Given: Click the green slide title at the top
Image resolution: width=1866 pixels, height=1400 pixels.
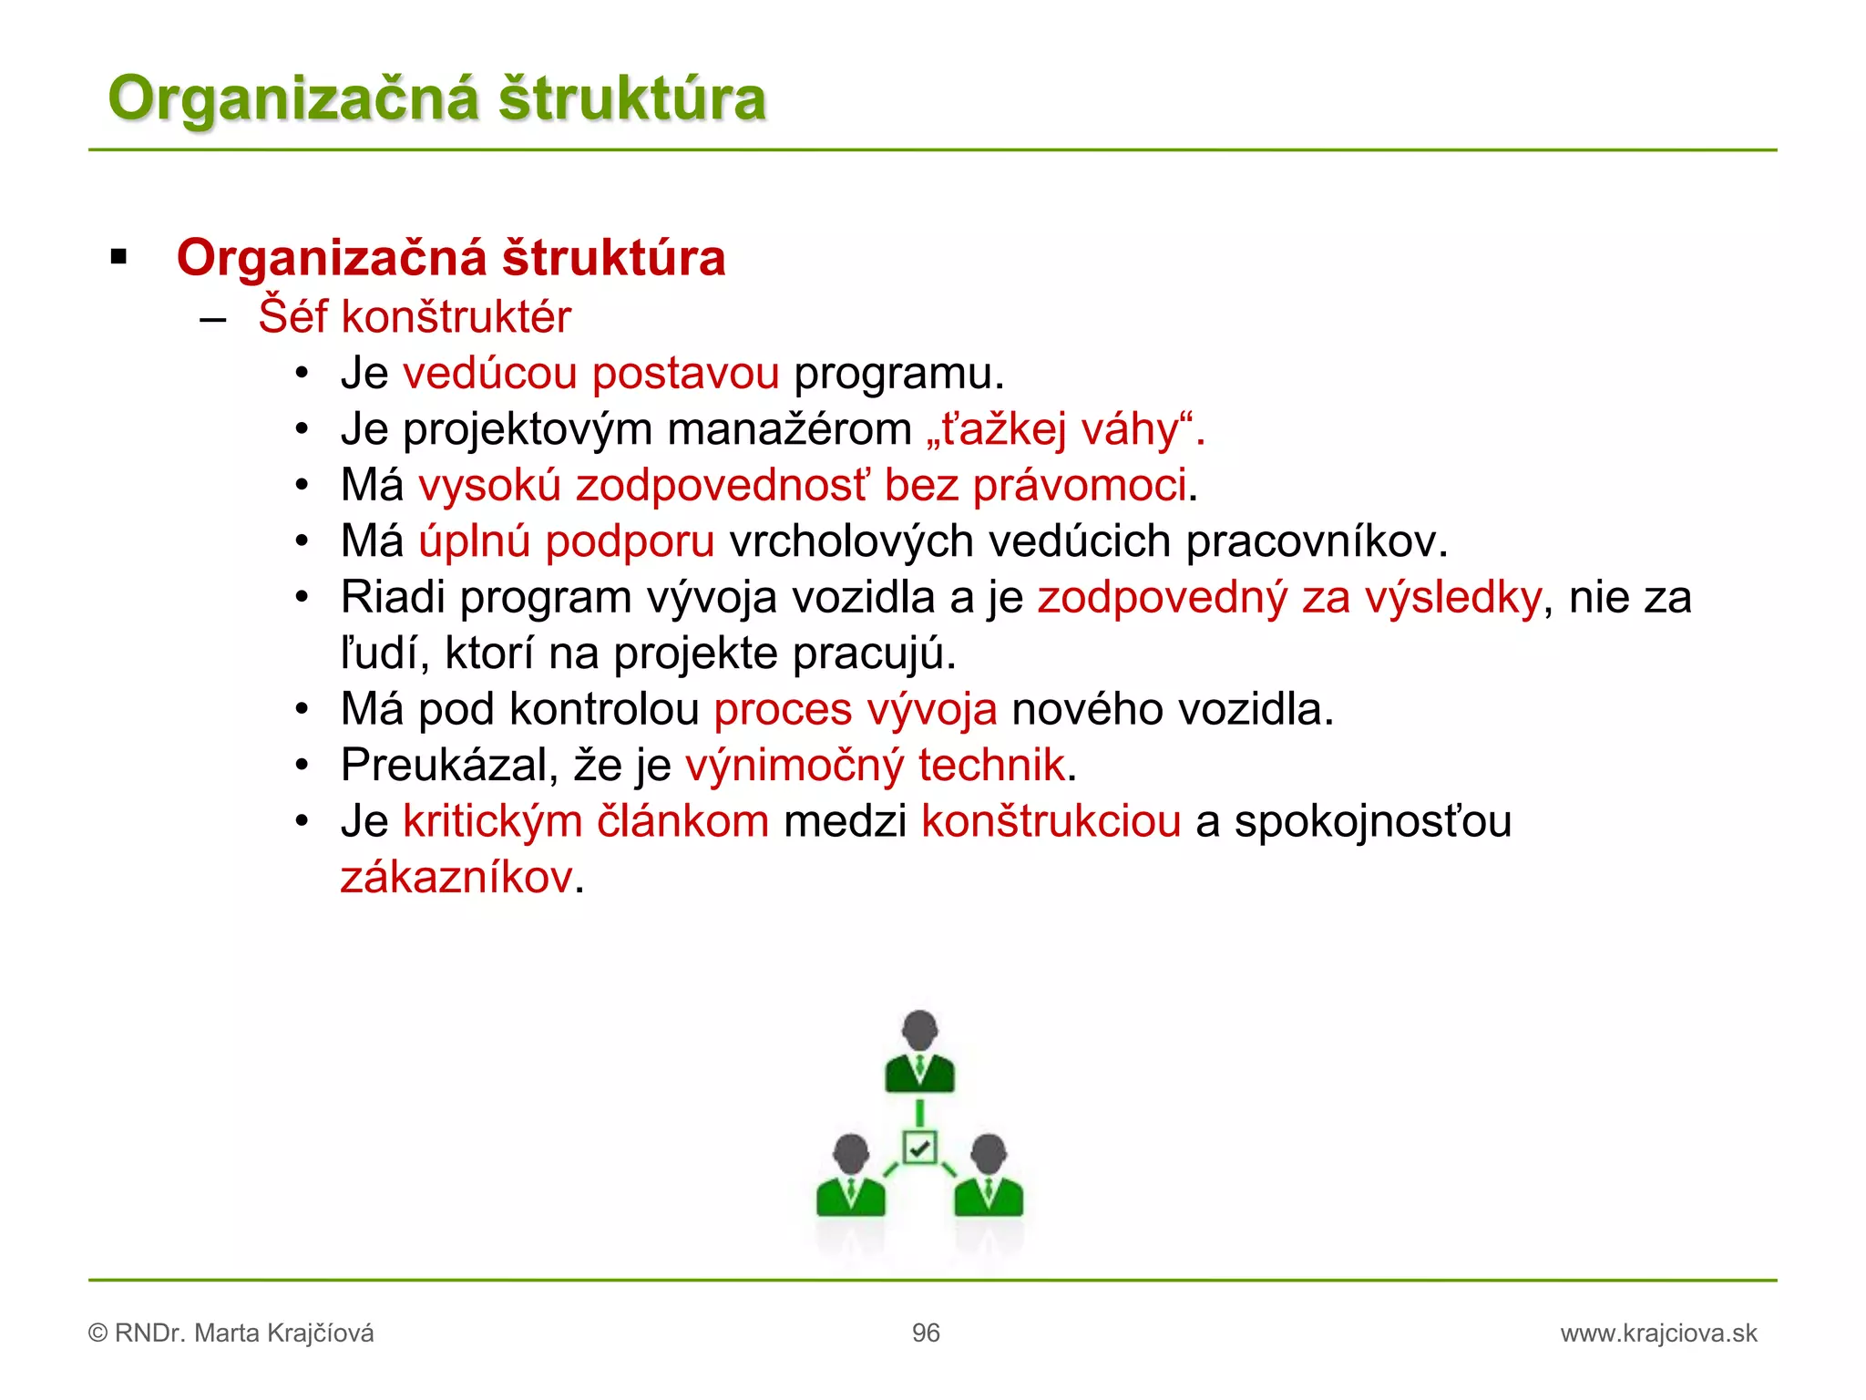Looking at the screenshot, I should click(x=437, y=98).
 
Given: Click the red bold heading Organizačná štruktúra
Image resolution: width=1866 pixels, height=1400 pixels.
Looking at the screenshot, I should click(x=451, y=258).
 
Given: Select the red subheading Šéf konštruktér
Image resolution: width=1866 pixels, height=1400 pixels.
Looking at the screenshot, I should click(x=415, y=317).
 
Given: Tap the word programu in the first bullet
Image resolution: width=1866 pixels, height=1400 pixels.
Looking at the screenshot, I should click(x=897, y=374).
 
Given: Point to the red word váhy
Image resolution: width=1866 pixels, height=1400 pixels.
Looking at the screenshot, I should click(x=1130, y=429).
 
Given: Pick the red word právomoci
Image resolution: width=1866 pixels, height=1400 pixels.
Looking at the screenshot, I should click(x=1080, y=485).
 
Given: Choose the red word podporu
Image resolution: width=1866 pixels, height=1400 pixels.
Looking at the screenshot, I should click(x=630, y=541).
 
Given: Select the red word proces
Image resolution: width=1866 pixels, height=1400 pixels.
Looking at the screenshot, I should click(x=783, y=710).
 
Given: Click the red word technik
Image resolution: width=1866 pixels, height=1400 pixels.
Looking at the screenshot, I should click(x=991, y=766).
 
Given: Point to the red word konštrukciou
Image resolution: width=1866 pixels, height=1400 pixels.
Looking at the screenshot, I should click(x=1051, y=821).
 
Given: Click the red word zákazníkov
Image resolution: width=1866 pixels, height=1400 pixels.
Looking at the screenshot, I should click(x=456, y=878).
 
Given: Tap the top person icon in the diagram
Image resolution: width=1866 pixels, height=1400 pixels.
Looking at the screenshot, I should click(x=919, y=1052).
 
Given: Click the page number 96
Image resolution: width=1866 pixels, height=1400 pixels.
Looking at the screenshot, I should click(x=926, y=1333).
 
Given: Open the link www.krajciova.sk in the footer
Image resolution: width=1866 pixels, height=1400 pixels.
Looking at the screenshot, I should click(x=1658, y=1333).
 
